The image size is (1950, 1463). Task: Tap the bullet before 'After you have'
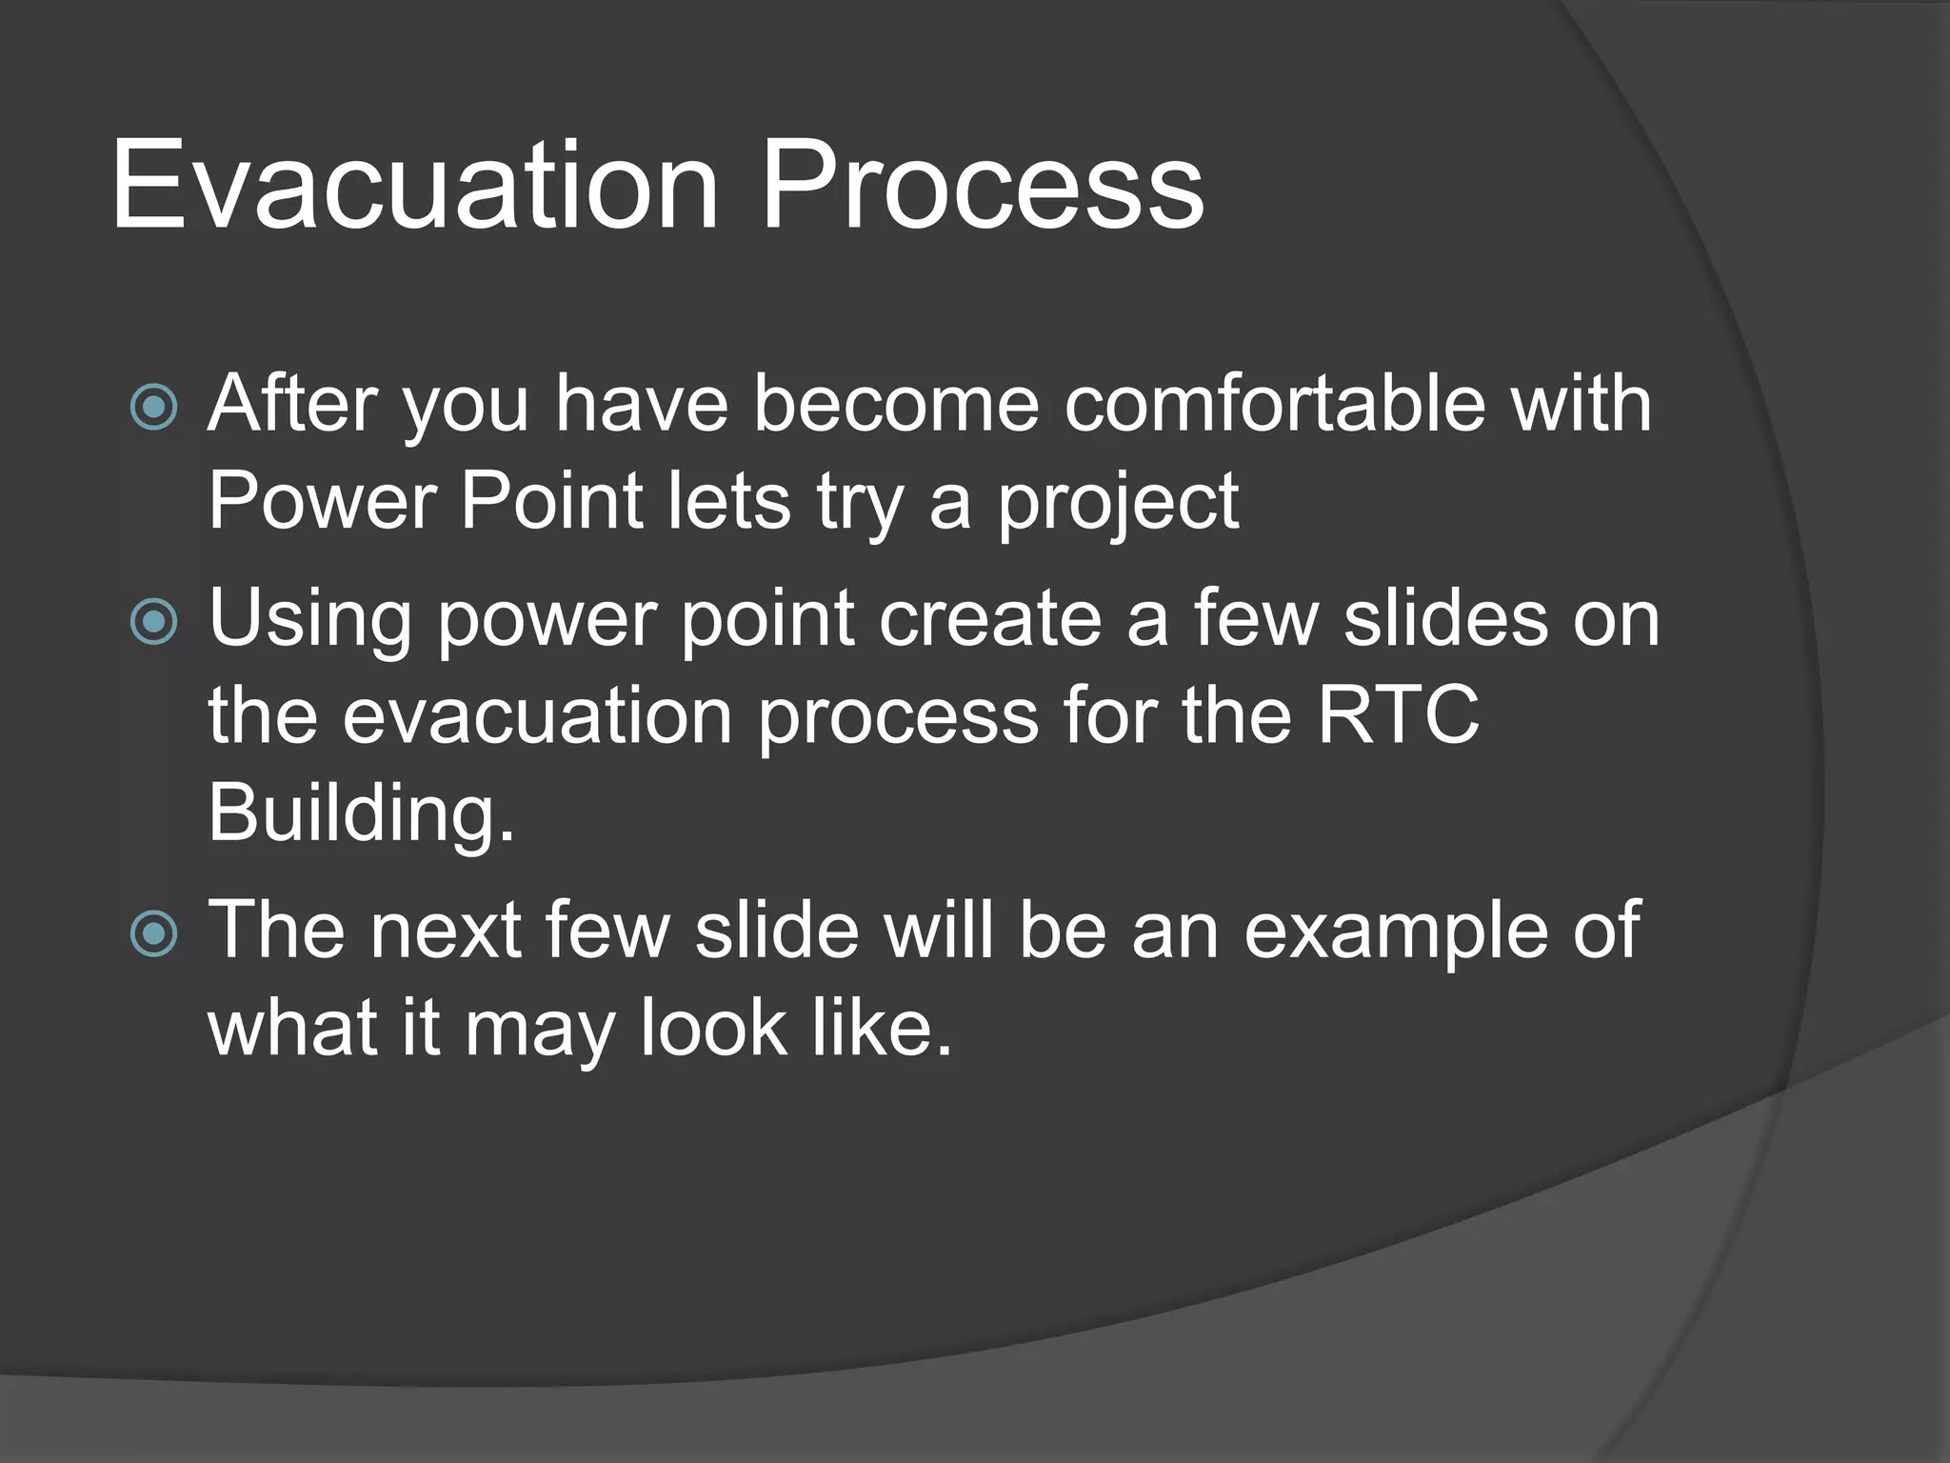[x=153, y=408]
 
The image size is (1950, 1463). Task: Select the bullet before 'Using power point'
[x=153, y=622]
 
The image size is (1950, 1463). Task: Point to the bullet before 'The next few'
[x=153, y=933]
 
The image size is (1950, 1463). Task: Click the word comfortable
[x=1274, y=404]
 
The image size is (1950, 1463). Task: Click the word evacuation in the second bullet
[x=537, y=716]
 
